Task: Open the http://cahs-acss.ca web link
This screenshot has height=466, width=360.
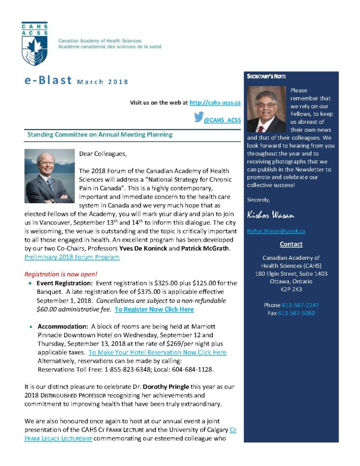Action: click(x=214, y=103)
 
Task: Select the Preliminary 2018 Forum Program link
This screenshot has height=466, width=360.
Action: click(x=72, y=257)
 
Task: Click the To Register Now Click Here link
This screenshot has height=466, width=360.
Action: click(x=154, y=309)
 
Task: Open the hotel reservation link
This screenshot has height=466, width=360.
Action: click(x=157, y=352)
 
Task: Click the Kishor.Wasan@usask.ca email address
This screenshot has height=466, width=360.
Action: click(x=276, y=231)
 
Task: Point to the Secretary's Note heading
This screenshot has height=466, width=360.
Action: click(x=266, y=76)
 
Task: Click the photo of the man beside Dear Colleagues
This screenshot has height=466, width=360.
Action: click(x=49, y=176)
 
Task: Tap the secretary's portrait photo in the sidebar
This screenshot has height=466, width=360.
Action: click(x=266, y=109)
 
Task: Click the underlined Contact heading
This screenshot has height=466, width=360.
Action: click(x=291, y=244)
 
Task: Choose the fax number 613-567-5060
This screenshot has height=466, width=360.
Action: click(x=296, y=313)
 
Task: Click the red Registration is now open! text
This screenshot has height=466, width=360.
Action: click(x=60, y=274)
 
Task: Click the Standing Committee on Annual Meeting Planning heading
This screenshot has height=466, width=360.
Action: click(x=100, y=135)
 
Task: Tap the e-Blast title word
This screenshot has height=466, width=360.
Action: click(x=48, y=81)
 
